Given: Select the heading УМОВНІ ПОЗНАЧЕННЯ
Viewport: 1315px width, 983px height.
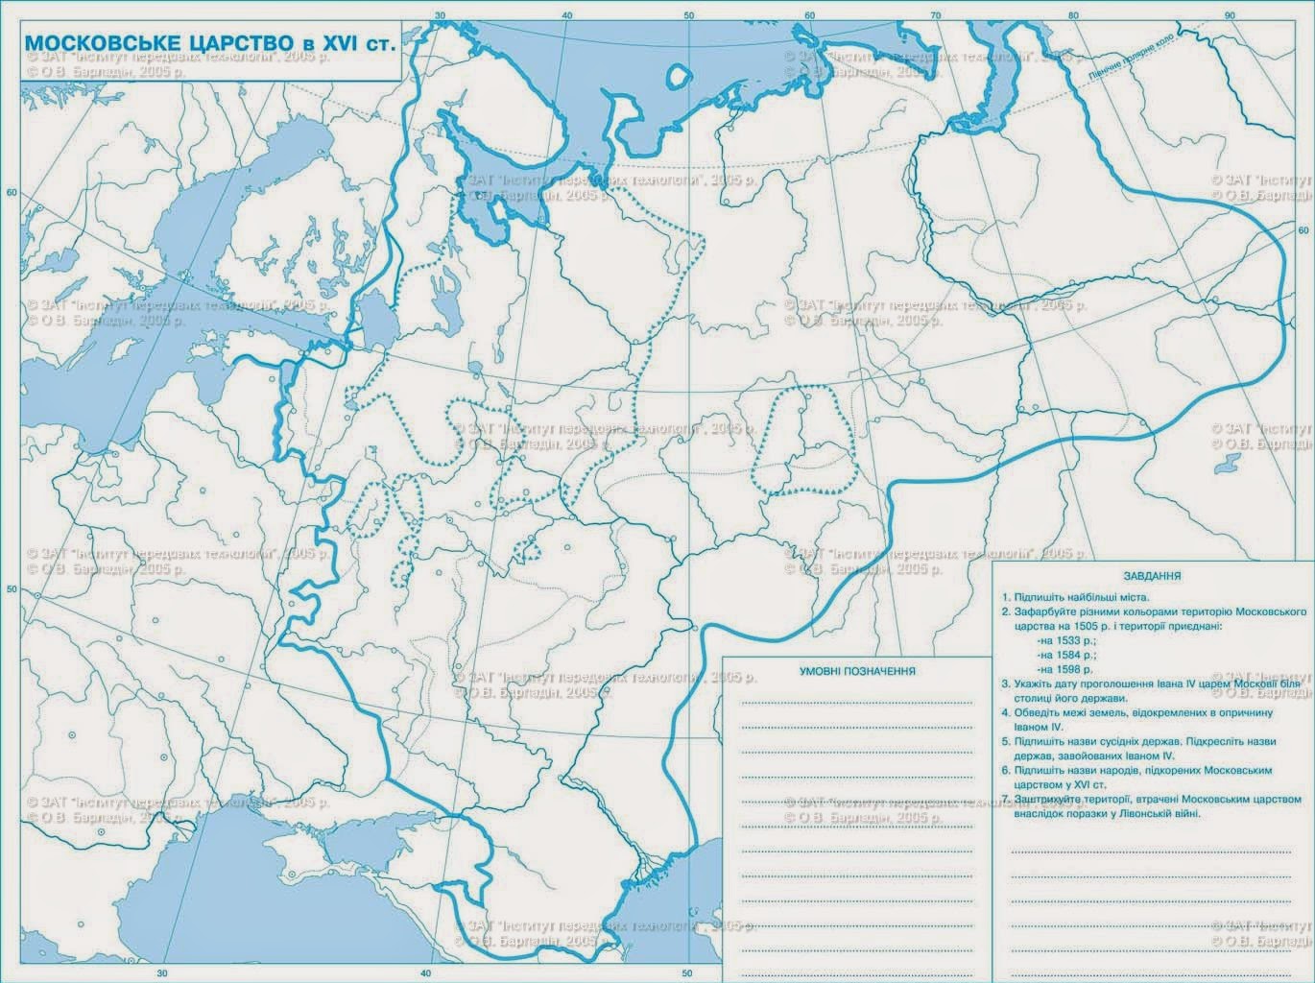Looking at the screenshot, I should coord(858,671).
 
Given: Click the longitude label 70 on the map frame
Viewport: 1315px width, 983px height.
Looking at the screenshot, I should coord(934,15).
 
